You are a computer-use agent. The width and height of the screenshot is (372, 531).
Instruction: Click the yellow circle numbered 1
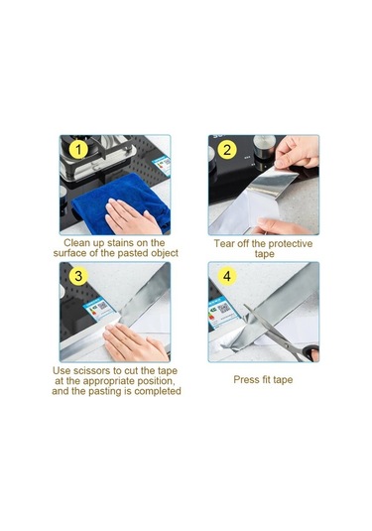coord(78,150)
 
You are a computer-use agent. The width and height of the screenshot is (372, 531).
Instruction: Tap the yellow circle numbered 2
coord(227,150)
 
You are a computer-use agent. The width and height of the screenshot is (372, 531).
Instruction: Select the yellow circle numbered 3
coord(78,276)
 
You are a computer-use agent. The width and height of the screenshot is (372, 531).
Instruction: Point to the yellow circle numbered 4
coord(227,276)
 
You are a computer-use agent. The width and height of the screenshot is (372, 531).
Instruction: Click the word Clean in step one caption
coord(76,243)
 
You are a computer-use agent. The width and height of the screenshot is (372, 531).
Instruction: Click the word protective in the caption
coord(291,244)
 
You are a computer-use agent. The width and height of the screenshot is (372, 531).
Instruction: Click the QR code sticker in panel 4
coord(223,309)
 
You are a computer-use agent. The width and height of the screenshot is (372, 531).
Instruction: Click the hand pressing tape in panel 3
coord(135,342)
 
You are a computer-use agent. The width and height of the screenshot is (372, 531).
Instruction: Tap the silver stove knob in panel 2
coord(264,147)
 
